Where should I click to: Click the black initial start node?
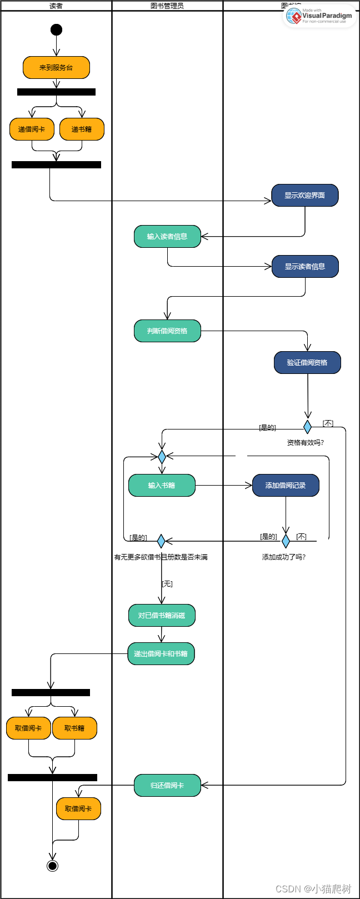(x=56, y=29)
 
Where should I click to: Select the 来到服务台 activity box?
(x=56, y=68)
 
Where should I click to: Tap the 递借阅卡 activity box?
(x=32, y=129)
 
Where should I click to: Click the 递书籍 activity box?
(x=82, y=129)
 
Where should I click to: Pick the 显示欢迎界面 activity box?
(x=304, y=196)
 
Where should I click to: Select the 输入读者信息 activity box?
(x=167, y=237)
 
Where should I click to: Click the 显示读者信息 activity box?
(x=304, y=267)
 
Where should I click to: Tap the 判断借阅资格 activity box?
(x=167, y=331)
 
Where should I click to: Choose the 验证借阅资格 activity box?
(x=307, y=363)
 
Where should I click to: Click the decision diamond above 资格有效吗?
(x=307, y=427)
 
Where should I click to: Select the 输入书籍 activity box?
(x=162, y=486)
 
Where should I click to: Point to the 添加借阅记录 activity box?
(x=286, y=486)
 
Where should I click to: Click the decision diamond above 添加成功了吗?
(x=286, y=541)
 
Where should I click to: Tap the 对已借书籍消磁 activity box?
(x=162, y=616)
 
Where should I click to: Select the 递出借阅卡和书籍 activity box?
(x=161, y=654)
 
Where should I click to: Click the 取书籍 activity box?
(x=74, y=728)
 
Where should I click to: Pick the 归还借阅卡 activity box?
(x=167, y=786)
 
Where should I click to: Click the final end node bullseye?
(x=52, y=866)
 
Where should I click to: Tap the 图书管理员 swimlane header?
(x=167, y=6)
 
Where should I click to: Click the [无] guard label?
(x=167, y=584)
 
